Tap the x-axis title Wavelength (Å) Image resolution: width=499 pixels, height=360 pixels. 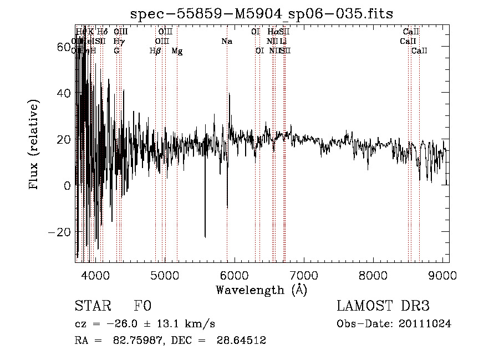click(261, 290)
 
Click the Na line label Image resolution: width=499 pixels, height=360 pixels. click(226, 41)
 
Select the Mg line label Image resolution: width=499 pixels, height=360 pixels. click(177, 51)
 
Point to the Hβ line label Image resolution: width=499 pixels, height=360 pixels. click(155, 51)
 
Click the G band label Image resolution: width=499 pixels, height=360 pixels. click(116, 50)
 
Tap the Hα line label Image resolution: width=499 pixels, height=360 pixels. click(272, 32)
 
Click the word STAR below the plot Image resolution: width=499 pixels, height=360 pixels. click(91, 306)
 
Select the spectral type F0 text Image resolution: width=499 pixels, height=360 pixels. click(142, 306)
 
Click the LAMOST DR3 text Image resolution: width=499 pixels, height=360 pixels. click(383, 306)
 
